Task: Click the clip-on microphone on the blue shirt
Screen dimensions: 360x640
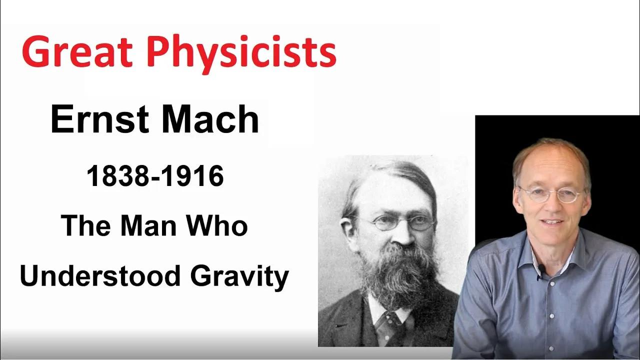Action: pos(540,270)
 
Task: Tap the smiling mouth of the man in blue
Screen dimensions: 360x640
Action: pos(551,220)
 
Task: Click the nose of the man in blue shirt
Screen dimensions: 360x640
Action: pos(550,205)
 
